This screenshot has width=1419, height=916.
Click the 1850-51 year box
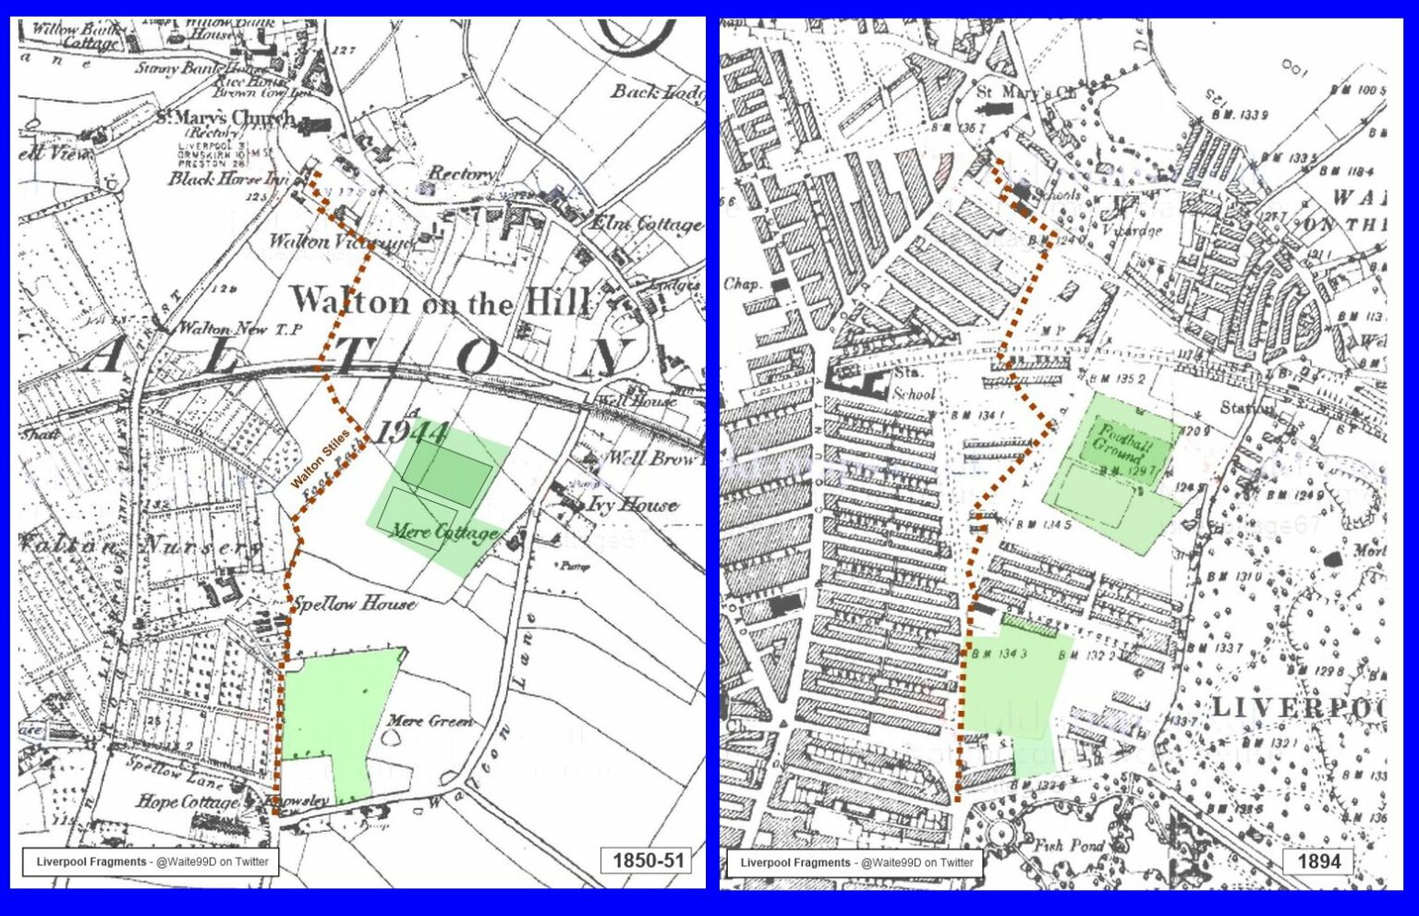click(648, 861)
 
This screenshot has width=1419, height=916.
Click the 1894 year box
click(1318, 861)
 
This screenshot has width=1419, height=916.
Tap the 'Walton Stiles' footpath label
click(320, 458)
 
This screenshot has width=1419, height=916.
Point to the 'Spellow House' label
click(354, 605)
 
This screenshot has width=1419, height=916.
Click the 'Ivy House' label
click(633, 505)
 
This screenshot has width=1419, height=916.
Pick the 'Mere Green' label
click(430, 720)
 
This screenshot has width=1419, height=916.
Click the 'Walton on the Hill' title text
click(441, 301)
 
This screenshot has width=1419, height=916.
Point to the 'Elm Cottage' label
click(646, 225)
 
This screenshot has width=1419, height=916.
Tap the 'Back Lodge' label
click(657, 91)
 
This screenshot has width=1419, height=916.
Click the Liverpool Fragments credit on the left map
click(152, 861)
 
